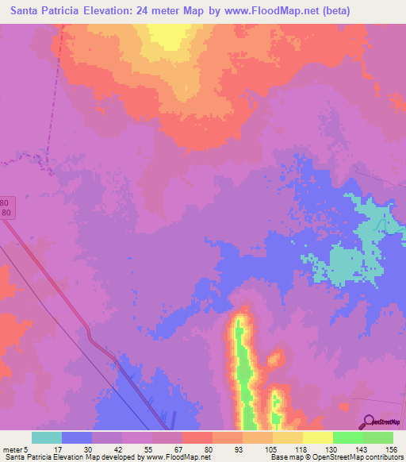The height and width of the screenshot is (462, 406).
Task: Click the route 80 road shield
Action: (x=6, y=207)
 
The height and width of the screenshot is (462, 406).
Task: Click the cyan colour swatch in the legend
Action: (x=47, y=437)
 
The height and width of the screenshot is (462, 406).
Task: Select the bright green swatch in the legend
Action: (x=348, y=437)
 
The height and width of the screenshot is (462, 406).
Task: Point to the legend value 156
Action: (x=392, y=449)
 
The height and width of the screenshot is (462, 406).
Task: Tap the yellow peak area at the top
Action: (x=167, y=35)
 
